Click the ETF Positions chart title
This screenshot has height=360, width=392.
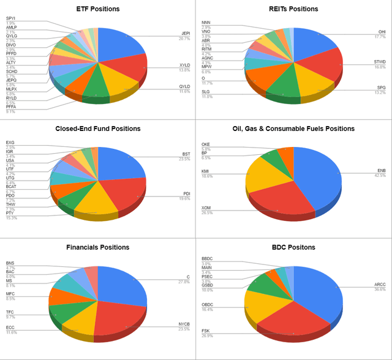pyautogui.click(x=97, y=9)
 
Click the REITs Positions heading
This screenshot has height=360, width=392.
pyautogui.click(x=293, y=9)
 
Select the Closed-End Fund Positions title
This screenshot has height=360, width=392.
pyautogui.click(x=97, y=129)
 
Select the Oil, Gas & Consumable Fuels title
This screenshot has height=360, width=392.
pyautogui.click(x=293, y=129)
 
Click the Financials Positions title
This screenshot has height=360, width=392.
pyautogui.click(x=97, y=247)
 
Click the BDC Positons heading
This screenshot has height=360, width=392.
pyautogui.click(x=293, y=247)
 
